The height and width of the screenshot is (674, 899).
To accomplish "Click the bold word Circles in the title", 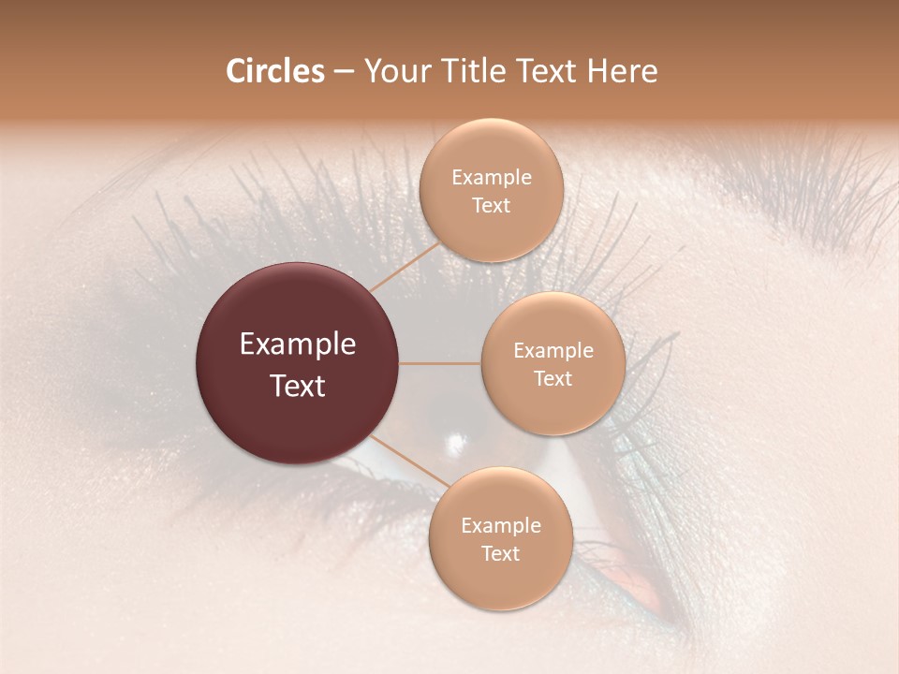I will click(274, 71).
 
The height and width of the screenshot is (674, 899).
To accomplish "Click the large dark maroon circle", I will click(297, 363).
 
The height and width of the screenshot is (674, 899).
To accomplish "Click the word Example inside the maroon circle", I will click(298, 344).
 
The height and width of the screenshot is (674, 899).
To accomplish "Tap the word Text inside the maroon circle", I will click(298, 386).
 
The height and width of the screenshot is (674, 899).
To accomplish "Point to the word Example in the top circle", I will click(491, 177).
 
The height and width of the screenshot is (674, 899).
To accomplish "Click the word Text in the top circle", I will click(491, 205).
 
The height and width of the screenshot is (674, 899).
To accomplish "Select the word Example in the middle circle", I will click(553, 350).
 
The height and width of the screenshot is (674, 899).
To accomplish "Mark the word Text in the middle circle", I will click(553, 378).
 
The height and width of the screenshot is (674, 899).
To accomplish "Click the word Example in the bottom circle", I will click(500, 525).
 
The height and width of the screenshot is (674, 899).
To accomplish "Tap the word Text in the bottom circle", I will click(500, 553).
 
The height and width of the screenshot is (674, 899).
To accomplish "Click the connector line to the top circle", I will click(405, 266).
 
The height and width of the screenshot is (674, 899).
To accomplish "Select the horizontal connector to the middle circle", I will click(439, 363).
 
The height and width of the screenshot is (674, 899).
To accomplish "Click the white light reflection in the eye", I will click(458, 441).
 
